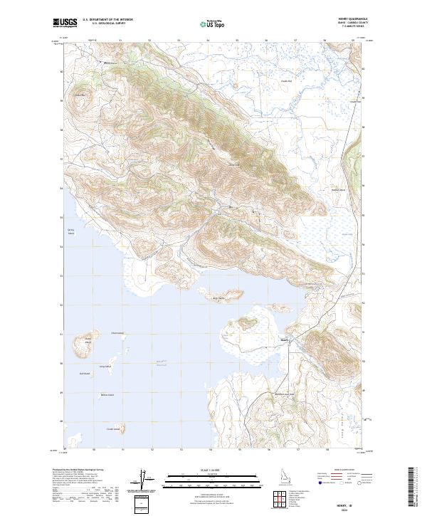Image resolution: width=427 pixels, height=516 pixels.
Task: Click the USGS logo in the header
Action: (x=65, y=23)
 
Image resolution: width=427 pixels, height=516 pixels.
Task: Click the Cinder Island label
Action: (x=113, y=428)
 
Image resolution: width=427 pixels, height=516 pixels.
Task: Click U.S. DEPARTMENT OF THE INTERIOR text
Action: (x=106, y=20)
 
